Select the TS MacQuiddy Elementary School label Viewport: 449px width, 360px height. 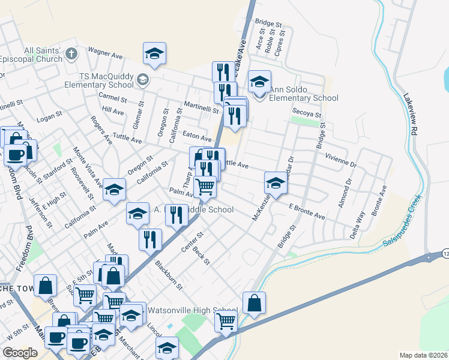(106, 80)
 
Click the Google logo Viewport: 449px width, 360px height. (20, 353)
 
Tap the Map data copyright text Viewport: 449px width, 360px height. (424, 355)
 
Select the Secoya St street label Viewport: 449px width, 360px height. (307, 113)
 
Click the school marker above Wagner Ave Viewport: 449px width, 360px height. (154, 53)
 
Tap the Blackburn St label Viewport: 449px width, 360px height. (168, 275)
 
